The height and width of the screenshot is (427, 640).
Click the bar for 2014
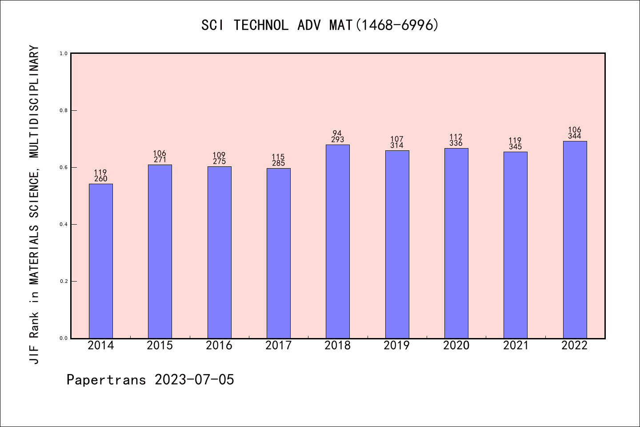click(101, 261)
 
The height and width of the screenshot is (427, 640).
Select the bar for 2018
click(338, 242)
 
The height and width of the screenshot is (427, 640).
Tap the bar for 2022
click(575, 240)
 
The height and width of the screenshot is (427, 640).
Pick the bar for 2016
click(219, 252)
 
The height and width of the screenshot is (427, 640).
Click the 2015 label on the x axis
click(160, 346)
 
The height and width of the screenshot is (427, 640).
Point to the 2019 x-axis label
click(397, 346)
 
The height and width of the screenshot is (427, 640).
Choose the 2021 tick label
click(516, 346)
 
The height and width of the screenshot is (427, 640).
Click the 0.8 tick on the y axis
click(64, 110)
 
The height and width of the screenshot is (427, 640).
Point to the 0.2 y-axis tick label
click(64, 281)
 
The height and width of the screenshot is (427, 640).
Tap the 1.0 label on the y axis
click(64, 53)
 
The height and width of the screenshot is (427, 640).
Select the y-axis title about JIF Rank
click(35, 205)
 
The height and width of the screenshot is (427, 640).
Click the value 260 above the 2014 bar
click(101, 179)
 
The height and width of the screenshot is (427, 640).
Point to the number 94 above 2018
click(337, 133)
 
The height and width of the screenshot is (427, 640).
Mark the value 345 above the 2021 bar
click(516, 147)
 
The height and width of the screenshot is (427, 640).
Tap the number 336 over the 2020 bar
click(456, 143)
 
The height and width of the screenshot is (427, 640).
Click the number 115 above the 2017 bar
click(278, 157)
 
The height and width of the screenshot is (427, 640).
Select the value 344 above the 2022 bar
click(575, 136)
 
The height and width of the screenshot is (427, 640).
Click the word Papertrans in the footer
click(107, 380)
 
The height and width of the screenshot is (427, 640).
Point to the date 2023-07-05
click(195, 380)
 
